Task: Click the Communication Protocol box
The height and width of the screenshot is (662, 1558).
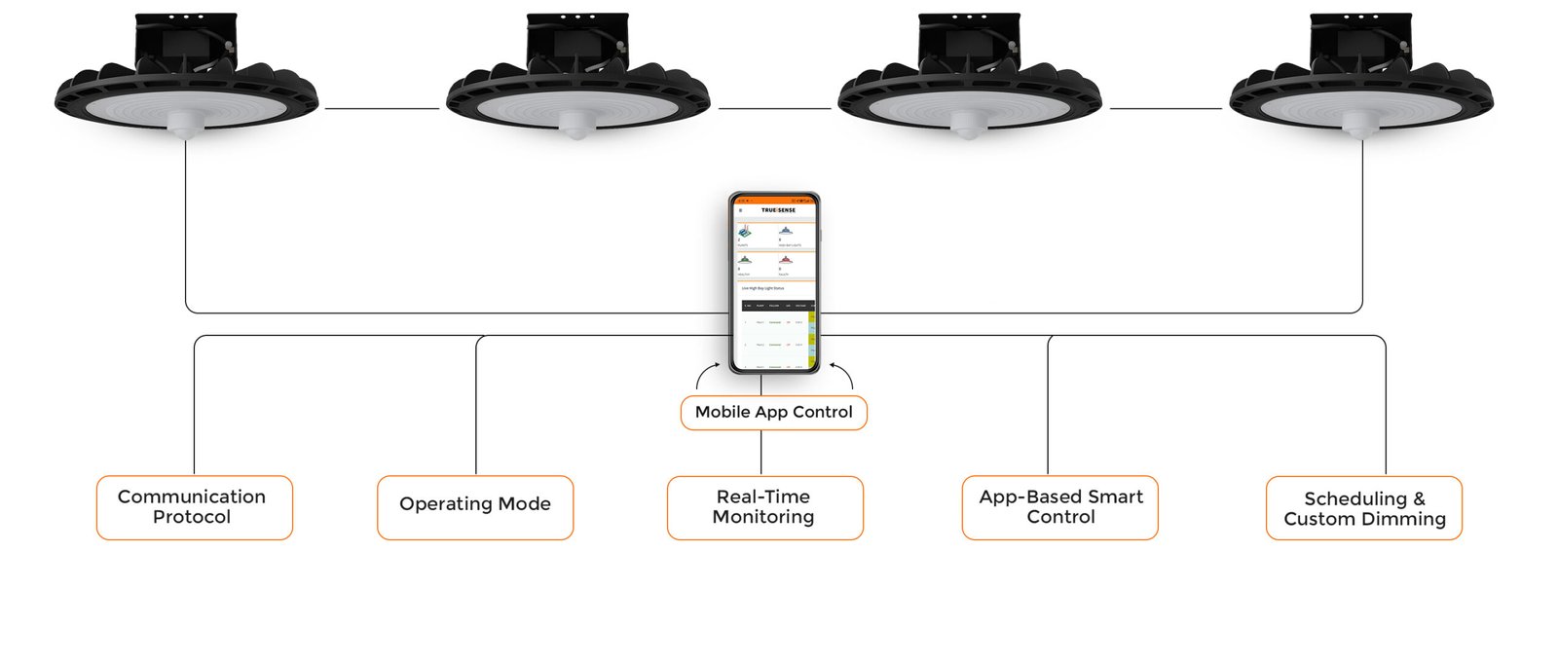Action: click(194, 507)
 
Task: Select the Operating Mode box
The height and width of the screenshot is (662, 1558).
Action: click(475, 507)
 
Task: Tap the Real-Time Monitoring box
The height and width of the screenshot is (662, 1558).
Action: click(764, 507)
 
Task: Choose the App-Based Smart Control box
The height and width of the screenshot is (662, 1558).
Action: click(1059, 507)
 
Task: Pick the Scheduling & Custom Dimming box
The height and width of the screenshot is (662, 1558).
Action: click(1363, 508)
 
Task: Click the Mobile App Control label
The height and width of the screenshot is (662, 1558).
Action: click(773, 412)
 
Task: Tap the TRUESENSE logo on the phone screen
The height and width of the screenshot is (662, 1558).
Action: click(778, 210)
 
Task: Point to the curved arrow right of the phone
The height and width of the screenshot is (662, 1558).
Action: click(844, 376)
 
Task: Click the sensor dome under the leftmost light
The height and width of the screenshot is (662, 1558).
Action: click(184, 124)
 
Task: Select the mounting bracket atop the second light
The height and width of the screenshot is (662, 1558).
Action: click(576, 43)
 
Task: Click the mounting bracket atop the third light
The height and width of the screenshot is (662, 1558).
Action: click(969, 43)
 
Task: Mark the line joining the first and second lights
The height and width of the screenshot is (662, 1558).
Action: click(382, 109)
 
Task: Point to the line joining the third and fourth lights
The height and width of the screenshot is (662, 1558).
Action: click(1166, 109)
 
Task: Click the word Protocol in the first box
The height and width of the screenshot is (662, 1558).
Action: click(192, 517)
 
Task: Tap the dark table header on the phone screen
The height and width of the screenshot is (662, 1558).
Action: click(775, 306)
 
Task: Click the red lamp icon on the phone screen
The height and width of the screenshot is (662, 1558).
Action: click(785, 261)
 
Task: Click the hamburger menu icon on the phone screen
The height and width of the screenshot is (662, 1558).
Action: click(741, 210)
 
